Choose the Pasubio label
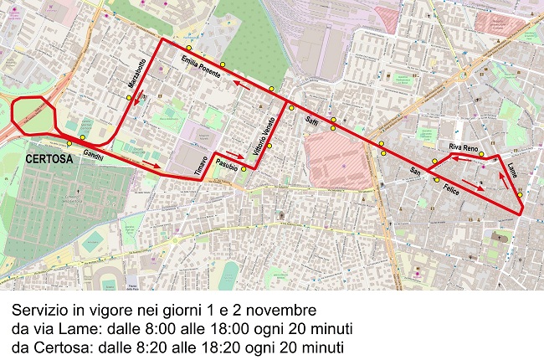[x=228, y=162]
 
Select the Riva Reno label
[x=464, y=147]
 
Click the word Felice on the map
[x=452, y=190]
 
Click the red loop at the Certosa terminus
[x=32, y=112]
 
